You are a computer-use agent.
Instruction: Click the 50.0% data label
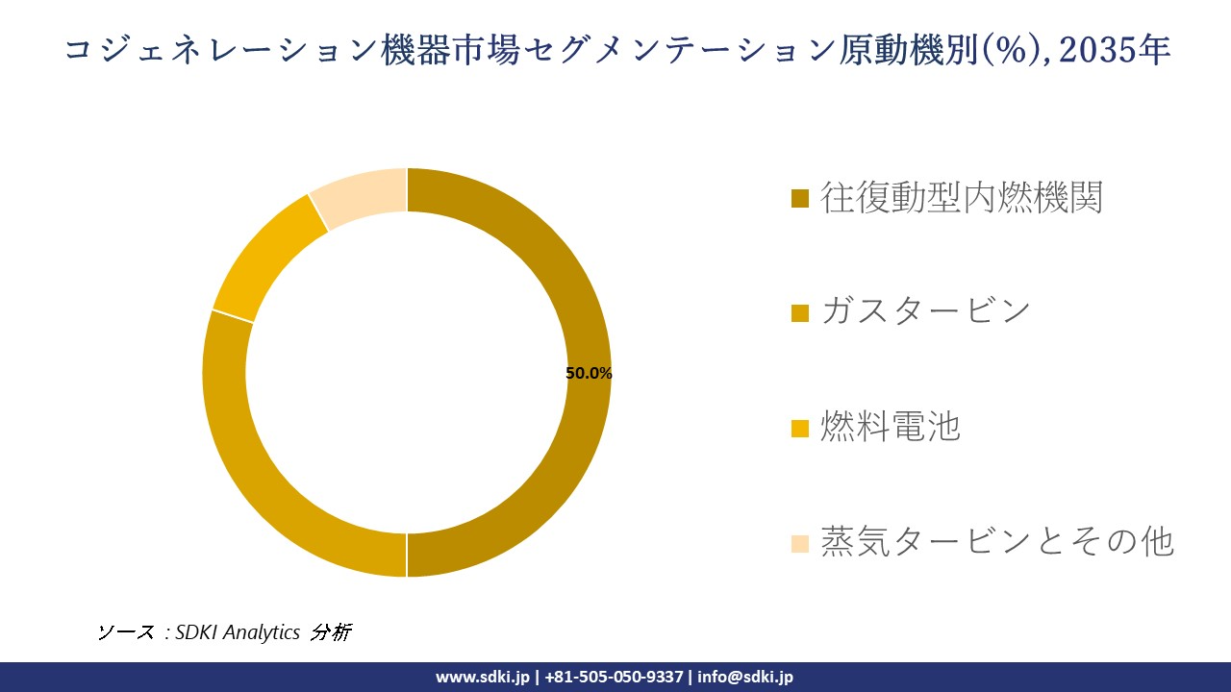[589, 374]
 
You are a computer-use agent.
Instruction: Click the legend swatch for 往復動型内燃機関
[799, 199]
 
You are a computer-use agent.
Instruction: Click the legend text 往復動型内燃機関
[961, 197]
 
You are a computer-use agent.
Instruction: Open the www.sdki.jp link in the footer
[482, 677]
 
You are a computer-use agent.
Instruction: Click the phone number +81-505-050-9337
[614, 677]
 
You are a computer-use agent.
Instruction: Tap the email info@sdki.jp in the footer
[745, 677]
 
